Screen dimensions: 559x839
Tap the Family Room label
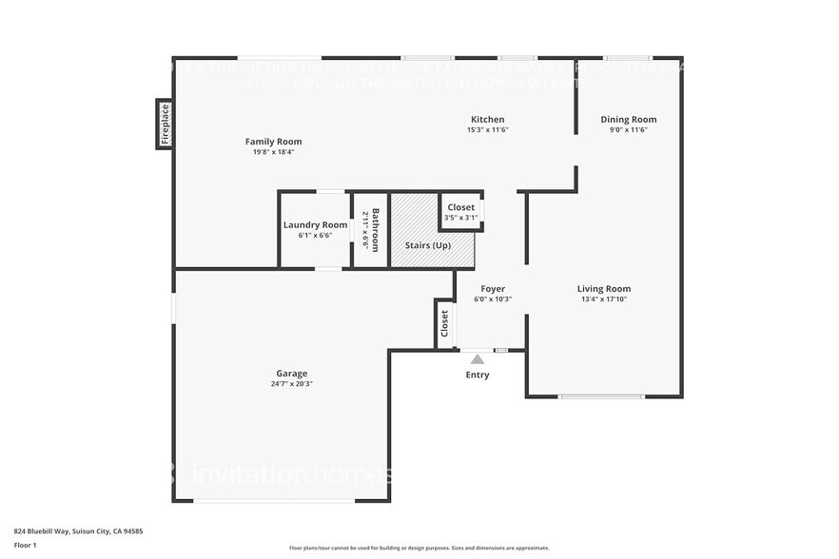pyautogui.click(x=273, y=142)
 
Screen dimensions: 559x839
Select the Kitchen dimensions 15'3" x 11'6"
pyautogui.click(x=487, y=130)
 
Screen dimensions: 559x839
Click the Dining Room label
pyautogui.click(x=628, y=120)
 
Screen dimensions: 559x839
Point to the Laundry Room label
pyautogui.click(x=315, y=225)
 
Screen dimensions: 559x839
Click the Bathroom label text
pyautogui.click(x=376, y=229)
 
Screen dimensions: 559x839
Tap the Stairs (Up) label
pyautogui.click(x=428, y=245)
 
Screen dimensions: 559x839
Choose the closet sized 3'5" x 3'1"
pyautogui.click(x=460, y=212)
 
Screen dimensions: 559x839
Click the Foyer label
pyautogui.click(x=493, y=289)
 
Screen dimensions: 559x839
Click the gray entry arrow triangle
pyautogui.click(x=478, y=358)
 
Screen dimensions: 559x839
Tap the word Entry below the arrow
pyautogui.click(x=478, y=375)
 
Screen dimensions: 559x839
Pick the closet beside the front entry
pyautogui.click(x=443, y=324)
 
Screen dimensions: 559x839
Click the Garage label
pyautogui.click(x=292, y=374)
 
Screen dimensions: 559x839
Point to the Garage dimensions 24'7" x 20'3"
pyautogui.click(x=292, y=385)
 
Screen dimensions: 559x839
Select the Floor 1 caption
pyautogui.click(x=25, y=545)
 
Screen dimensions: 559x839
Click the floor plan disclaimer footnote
pyautogui.click(x=419, y=549)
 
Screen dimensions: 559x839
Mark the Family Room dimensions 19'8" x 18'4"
pyautogui.click(x=273, y=152)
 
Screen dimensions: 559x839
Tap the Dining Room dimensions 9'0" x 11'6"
pyautogui.click(x=628, y=130)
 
